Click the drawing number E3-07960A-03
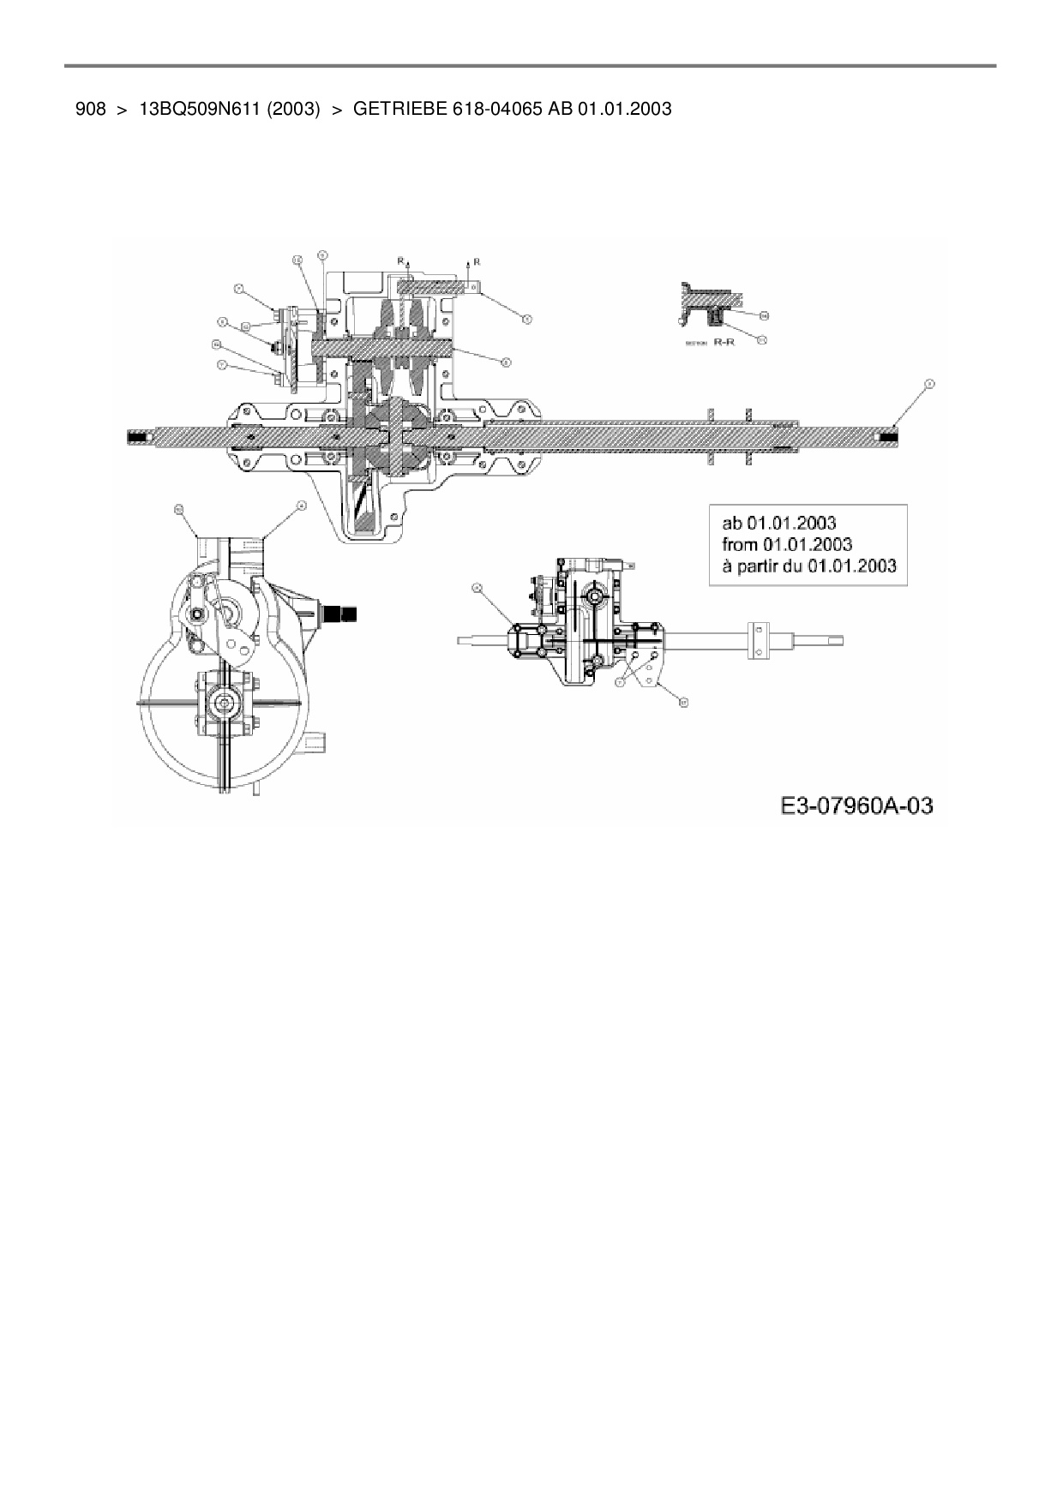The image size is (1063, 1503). (x=856, y=806)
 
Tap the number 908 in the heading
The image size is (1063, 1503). (x=90, y=109)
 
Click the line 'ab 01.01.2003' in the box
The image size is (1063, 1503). (x=779, y=523)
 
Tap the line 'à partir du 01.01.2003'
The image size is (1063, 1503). (x=808, y=566)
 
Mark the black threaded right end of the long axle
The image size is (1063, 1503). (x=888, y=437)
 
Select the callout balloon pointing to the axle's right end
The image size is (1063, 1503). (x=928, y=384)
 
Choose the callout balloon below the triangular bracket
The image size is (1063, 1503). (x=683, y=702)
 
